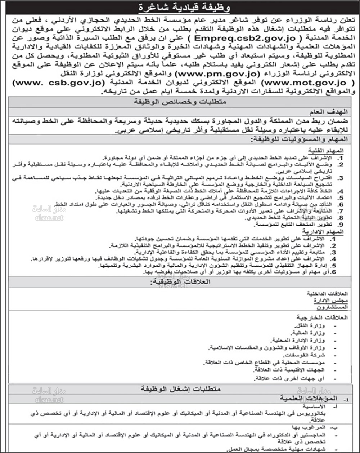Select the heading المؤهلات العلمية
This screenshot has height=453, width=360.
(x=314, y=399)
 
